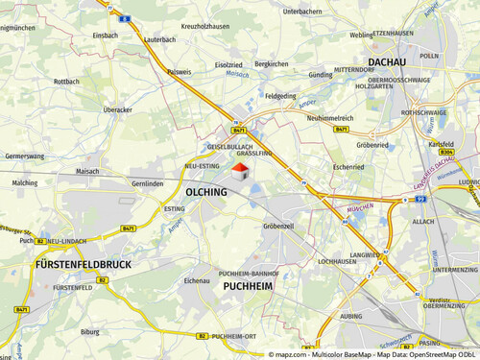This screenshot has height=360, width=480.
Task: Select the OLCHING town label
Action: click(x=206, y=193)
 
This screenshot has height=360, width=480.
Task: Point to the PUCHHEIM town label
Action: click(x=249, y=286)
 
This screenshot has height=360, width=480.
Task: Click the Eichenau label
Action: click(x=196, y=281)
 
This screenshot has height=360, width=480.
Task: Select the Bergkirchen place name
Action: click(x=272, y=63)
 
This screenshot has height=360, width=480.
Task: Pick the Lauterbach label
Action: click(x=158, y=40)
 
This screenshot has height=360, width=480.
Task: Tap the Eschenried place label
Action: click(x=348, y=166)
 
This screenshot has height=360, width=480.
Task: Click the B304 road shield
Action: click(x=445, y=153)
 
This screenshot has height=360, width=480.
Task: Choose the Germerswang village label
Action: click(x=24, y=155)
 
